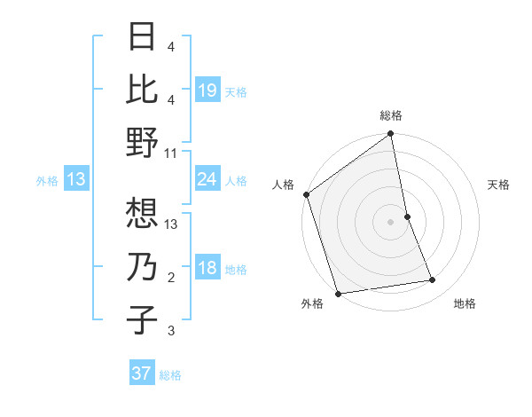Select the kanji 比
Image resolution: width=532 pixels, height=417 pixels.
tap(142, 90)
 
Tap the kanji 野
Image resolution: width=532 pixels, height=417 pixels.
tap(142, 142)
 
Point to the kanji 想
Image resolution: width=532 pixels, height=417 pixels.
tap(142, 212)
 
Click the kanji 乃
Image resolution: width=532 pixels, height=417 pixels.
tap(142, 267)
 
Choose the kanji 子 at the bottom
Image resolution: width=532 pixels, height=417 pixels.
tap(142, 319)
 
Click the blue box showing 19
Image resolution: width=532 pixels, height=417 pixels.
tap(207, 90)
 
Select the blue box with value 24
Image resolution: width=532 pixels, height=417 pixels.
tap(207, 180)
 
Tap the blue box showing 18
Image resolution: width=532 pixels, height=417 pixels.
tap(207, 269)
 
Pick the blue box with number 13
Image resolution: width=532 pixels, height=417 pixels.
tap(76, 180)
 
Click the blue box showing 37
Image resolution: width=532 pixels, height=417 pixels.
tap(142, 374)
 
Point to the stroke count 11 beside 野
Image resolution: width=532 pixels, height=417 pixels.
tap(171, 153)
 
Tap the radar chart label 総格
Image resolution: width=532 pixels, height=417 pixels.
tap(391, 115)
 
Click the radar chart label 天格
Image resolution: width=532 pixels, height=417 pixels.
tap(498, 185)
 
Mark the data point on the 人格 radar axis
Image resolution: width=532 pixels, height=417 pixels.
tap(307, 194)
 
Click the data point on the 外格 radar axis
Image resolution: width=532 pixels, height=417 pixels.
tap(339, 293)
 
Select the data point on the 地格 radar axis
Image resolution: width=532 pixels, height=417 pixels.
tap(433, 280)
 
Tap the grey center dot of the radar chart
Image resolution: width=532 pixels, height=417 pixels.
tap(391, 221)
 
